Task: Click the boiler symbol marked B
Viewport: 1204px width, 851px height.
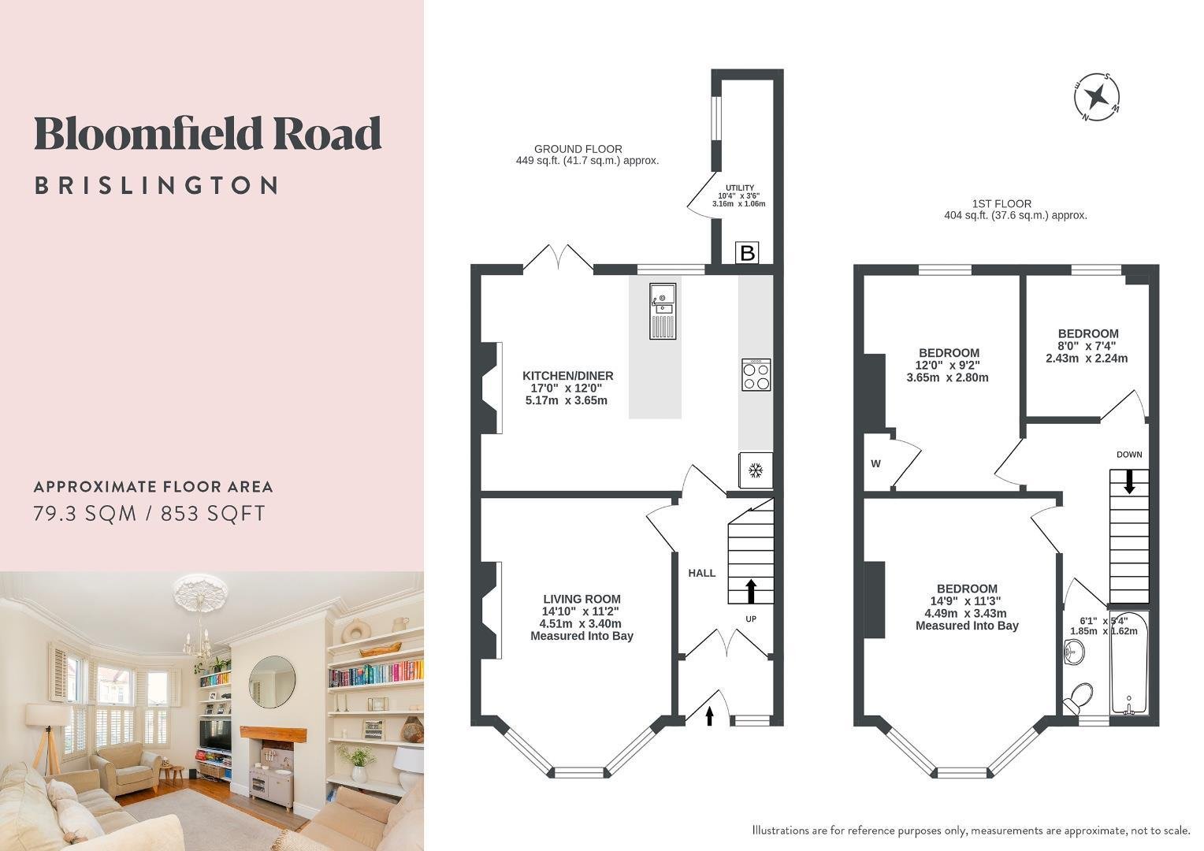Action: point(746,252)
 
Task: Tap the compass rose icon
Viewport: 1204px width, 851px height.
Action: point(1097,98)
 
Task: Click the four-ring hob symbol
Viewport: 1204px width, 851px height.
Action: point(756,375)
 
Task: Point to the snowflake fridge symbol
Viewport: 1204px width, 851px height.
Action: point(756,470)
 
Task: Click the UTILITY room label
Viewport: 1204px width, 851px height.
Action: point(740,188)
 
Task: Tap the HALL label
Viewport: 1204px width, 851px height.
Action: point(701,573)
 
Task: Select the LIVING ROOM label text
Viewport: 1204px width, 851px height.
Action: point(582,599)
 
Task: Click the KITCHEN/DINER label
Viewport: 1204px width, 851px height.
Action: point(567,375)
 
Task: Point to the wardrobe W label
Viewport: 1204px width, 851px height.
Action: point(875,463)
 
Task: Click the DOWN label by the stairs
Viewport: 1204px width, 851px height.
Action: point(1129,455)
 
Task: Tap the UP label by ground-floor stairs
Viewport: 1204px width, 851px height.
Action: point(751,619)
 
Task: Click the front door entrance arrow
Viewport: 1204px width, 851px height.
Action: point(709,716)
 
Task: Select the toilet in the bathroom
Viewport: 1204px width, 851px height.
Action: point(1078,698)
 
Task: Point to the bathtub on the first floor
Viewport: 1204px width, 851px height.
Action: point(1129,663)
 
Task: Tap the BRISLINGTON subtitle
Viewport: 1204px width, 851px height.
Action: point(157,185)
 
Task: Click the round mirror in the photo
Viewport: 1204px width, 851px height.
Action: point(272,682)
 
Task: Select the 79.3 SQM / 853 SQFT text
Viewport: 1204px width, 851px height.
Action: point(150,514)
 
